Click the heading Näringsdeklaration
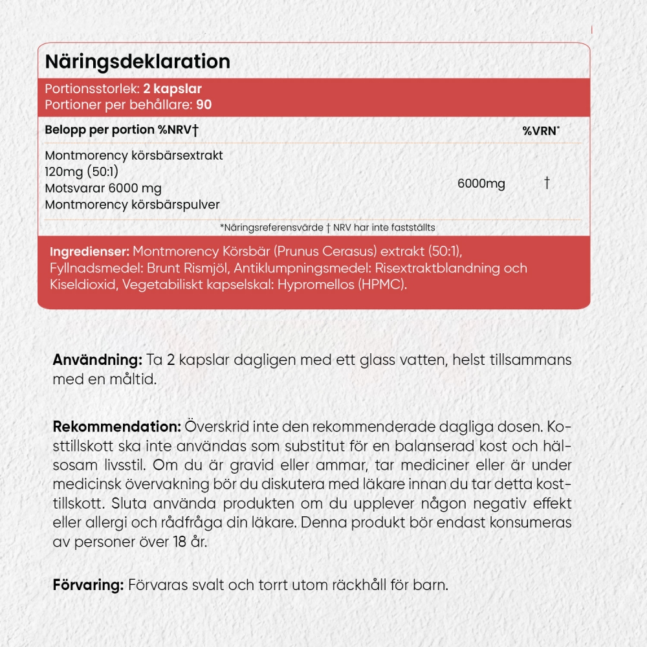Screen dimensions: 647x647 [x=137, y=61]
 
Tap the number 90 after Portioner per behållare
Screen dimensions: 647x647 [x=205, y=105]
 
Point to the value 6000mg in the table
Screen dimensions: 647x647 [x=481, y=184]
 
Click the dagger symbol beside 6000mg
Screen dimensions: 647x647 [x=547, y=184]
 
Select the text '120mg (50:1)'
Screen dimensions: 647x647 [x=82, y=171]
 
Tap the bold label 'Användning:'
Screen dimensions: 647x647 [x=97, y=360]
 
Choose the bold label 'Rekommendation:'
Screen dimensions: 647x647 [x=117, y=428]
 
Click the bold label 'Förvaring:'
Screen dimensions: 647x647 [x=88, y=586]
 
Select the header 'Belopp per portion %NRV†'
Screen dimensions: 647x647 [x=122, y=130]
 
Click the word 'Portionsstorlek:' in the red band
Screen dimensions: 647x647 [x=91, y=89]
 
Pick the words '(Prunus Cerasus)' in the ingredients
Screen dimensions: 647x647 [x=311, y=251]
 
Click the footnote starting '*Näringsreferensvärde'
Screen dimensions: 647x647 [x=327, y=227]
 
